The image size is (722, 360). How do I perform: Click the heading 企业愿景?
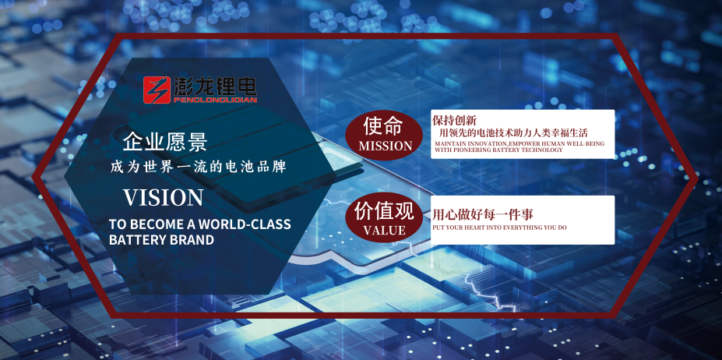point(164,142)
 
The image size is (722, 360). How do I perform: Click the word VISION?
point(164,196)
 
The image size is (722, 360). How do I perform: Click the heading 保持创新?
point(454,121)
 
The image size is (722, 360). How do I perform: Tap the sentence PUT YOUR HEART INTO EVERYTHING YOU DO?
point(500,227)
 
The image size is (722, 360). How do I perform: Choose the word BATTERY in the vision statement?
point(134,240)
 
